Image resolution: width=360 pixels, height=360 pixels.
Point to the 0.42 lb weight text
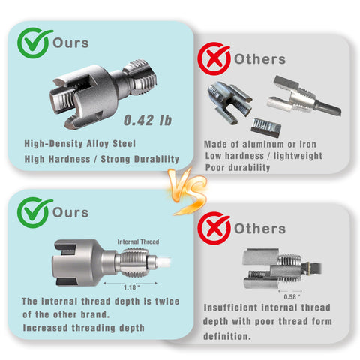click(147, 118)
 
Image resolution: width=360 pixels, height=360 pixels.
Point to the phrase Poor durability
click(237, 167)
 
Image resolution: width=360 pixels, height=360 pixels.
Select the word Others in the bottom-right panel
click(259, 227)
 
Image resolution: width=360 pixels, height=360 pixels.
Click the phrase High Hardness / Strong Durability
click(91, 158)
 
